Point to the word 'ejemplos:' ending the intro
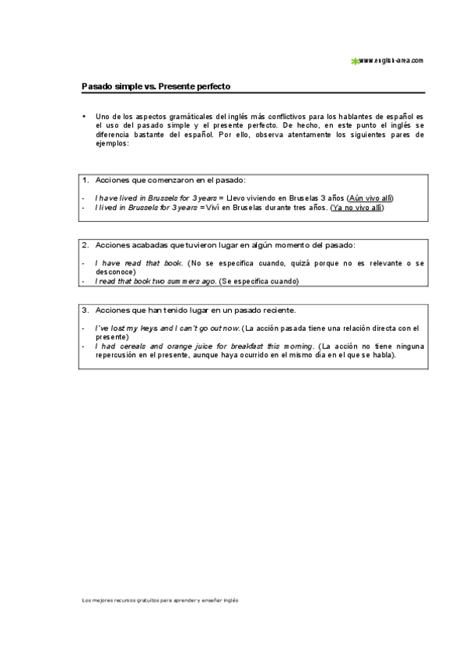pyautogui.click(x=111, y=144)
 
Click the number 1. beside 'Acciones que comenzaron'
pyautogui.click(x=86, y=180)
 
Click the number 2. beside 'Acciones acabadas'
pyautogui.click(x=86, y=244)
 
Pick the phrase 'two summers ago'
pyautogui.click(x=185, y=281)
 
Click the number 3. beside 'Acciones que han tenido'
pyautogui.click(x=86, y=309)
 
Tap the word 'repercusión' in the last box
pyautogui.click(x=117, y=355)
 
